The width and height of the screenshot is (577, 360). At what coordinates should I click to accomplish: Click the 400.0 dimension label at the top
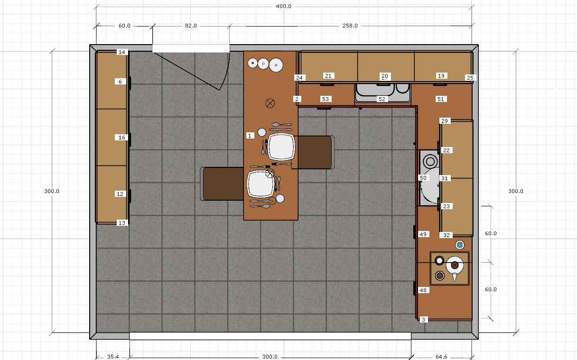(284, 7)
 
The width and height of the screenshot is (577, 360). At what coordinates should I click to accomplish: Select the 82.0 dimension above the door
(191, 26)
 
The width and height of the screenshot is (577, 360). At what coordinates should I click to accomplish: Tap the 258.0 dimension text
(350, 26)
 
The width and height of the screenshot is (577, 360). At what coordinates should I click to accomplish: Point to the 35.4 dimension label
(112, 357)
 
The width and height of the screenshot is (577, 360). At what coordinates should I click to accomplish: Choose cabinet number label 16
(122, 138)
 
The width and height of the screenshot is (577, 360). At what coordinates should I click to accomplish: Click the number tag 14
(122, 52)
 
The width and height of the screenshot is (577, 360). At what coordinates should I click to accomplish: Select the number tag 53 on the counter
(325, 99)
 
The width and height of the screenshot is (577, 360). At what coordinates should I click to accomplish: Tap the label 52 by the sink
(382, 99)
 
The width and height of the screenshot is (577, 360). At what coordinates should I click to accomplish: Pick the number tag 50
(423, 178)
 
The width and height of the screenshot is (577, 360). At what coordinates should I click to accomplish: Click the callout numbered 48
(423, 290)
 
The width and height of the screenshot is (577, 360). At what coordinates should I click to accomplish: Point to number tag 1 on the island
(250, 136)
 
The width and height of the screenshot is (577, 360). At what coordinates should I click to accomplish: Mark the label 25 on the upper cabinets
(470, 77)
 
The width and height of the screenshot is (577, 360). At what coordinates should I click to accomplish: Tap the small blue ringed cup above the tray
(459, 245)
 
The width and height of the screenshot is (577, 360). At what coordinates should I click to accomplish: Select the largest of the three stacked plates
(276, 65)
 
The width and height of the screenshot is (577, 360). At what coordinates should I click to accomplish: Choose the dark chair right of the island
(314, 152)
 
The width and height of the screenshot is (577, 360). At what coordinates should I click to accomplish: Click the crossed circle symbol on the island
(270, 102)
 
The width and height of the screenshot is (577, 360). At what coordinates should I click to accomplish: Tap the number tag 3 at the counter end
(423, 320)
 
